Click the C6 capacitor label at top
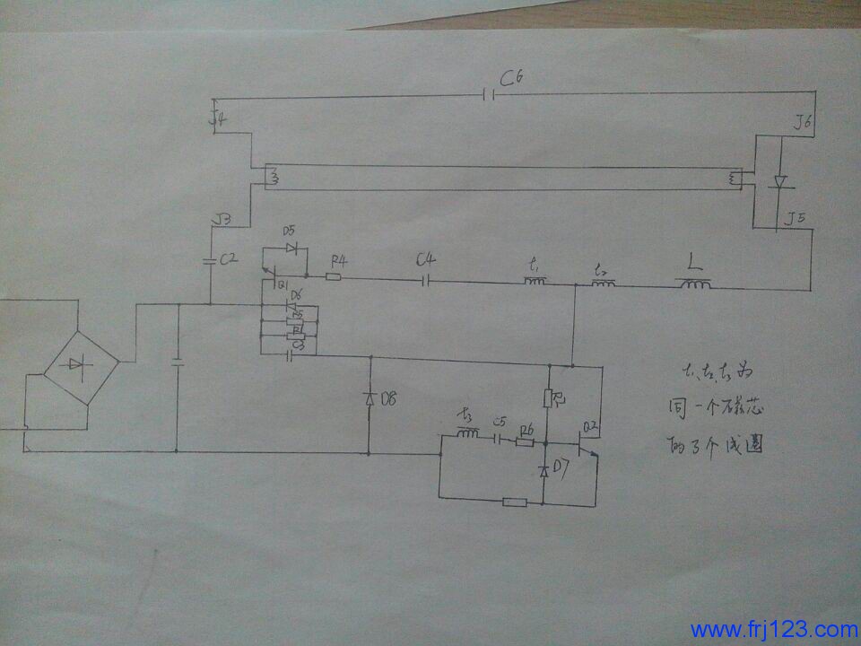(x=512, y=80)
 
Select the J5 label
(x=795, y=217)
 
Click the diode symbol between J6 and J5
(x=779, y=182)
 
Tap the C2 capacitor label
(x=229, y=260)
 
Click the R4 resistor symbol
(x=333, y=276)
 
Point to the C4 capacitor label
(x=427, y=261)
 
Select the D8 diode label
(x=389, y=399)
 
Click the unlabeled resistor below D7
(x=515, y=502)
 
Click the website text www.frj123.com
(x=774, y=629)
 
